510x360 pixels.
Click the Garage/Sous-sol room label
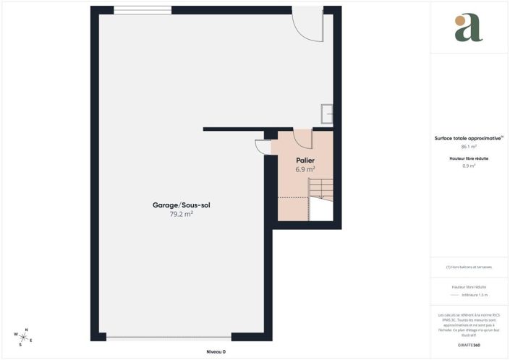click(181, 205)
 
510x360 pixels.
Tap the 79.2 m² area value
click(181, 215)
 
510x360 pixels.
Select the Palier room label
click(305, 160)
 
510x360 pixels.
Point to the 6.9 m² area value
click(305, 169)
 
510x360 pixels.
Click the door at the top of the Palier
click(303, 139)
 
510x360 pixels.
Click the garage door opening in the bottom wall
click(169, 338)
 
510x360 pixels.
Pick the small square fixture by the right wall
click(328, 112)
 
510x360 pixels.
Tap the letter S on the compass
click(20, 344)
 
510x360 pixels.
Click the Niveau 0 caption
click(216, 351)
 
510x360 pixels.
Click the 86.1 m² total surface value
click(469, 146)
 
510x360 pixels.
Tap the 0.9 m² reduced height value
click(469, 166)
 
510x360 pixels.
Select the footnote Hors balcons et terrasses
click(469, 267)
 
